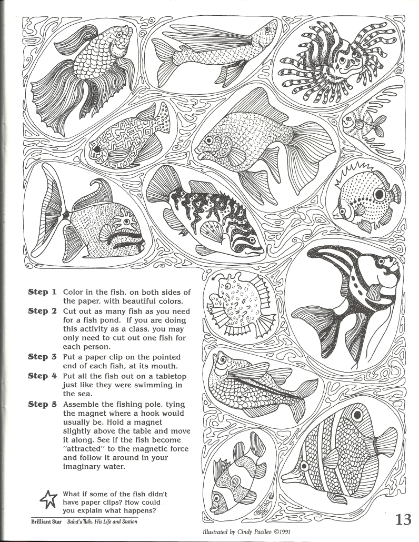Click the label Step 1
click(42, 292)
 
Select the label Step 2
click(42, 311)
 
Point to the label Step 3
click(42, 356)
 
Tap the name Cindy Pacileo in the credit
click(256, 531)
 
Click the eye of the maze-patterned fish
click(97, 149)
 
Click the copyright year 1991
click(281, 531)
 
